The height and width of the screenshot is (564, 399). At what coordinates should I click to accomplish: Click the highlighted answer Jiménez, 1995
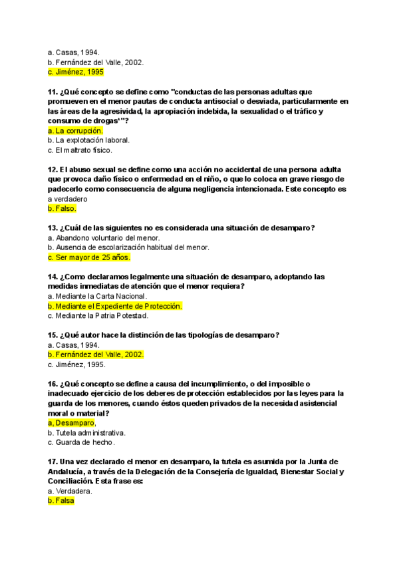pos(75,72)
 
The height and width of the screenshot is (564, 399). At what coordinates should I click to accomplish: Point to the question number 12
pos(53,170)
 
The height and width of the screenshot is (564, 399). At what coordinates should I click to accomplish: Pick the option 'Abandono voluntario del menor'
pos(104,237)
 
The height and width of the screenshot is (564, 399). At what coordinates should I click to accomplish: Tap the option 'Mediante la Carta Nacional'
pos(98,296)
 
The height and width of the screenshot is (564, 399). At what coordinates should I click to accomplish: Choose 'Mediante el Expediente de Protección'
pos(114,306)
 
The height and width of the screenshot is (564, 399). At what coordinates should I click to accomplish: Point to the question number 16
pos(53,384)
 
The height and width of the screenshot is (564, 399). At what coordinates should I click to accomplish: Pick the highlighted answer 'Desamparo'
pos(72,423)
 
